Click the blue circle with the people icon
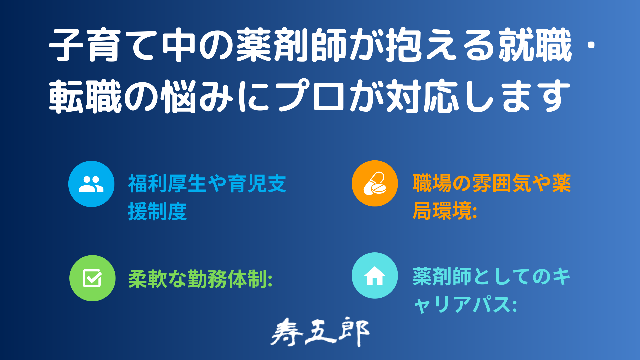coord(91,184)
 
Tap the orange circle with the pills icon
coord(375,184)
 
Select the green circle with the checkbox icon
coord(92,278)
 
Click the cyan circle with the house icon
coord(375,275)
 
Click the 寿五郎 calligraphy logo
coord(320,332)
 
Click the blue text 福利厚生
coord(168,184)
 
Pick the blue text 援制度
coord(158,211)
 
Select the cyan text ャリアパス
coord(462,304)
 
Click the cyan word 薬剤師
coord(442,276)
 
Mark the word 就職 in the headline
coord(535,45)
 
